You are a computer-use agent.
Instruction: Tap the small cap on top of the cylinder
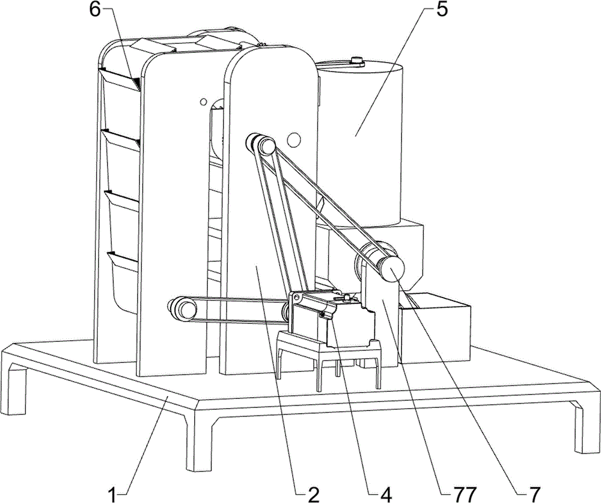(x=357, y=60)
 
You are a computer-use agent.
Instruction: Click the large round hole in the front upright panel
(x=294, y=139)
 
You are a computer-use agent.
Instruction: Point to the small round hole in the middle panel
(x=203, y=102)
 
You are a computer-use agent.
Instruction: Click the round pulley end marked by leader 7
(x=391, y=269)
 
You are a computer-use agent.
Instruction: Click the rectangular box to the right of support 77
(x=435, y=327)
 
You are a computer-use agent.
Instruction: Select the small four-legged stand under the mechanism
(x=329, y=356)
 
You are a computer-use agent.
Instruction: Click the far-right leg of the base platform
(x=585, y=426)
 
